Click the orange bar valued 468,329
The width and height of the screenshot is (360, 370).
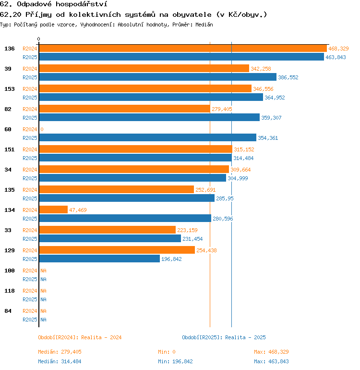pyautogui.click(x=182, y=49)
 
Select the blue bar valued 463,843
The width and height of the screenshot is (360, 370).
pyautogui.click(x=181, y=57)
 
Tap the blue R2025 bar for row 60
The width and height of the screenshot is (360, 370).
pyautogui.click(x=147, y=138)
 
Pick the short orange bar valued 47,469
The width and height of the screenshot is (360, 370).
pyautogui.click(x=53, y=210)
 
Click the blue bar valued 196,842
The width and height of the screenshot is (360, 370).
pyautogui.click(x=99, y=259)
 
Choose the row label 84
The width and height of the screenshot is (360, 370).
pyautogui.click(x=8, y=311)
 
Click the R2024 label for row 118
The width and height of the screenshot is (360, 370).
pyautogui.click(x=30, y=291)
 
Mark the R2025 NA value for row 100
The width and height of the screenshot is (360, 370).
pyautogui.click(x=43, y=279)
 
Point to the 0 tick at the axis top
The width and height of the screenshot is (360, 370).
pyautogui.click(x=39, y=39)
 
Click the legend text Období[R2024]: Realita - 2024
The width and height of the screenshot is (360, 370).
pyautogui.click(x=80, y=338)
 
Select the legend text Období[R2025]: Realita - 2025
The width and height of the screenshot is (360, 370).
pyautogui.click(x=224, y=338)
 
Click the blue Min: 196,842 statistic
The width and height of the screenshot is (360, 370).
pyautogui.click(x=175, y=361)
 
